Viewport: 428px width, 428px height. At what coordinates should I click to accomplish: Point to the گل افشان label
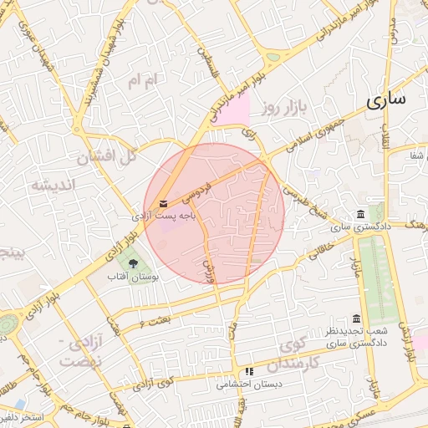[x=105, y=155]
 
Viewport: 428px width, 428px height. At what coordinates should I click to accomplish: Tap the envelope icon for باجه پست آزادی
[x=162, y=203]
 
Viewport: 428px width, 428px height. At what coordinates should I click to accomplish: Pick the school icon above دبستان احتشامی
[x=248, y=371]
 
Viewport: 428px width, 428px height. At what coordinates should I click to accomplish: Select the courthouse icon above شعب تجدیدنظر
[x=357, y=318]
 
